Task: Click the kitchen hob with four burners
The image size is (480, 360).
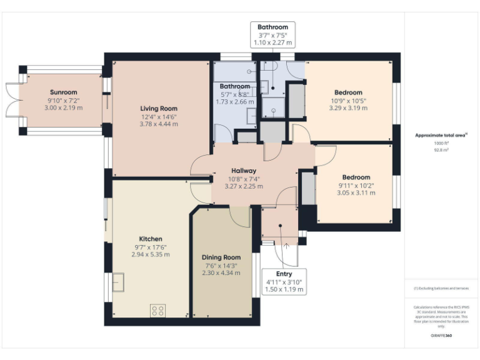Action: pyautogui.click(x=158, y=309)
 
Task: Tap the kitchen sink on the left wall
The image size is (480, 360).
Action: pyautogui.click(x=117, y=283)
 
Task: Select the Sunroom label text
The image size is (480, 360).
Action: pyautogui.click(x=63, y=92)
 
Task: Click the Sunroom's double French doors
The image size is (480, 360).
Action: pyautogui.click(x=13, y=101)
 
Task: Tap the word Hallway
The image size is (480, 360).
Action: pyautogui.click(x=244, y=170)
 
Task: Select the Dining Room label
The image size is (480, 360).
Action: pyautogui.click(x=221, y=257)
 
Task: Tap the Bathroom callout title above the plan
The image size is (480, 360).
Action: pyautogui.click(x=272, y=27)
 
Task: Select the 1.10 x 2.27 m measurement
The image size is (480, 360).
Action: pyautogui.click(x=272, y=43)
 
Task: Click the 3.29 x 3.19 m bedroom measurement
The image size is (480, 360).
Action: pyautogui.click(x=348, y=108)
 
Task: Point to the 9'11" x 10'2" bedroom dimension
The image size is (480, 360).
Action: pyautogui.click(x=356, y=185)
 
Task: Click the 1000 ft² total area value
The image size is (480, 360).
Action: pyautogui.click(x=441, y=143)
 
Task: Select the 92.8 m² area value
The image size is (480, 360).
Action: pyautogui.click(x=441, y=150)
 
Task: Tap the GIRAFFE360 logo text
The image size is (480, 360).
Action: pyautogui.click(x=441, y=336)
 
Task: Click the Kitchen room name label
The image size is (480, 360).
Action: pyautogui.click(x=151, y=239)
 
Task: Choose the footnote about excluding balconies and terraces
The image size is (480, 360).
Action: pyautogui.click(x=441, y=288)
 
